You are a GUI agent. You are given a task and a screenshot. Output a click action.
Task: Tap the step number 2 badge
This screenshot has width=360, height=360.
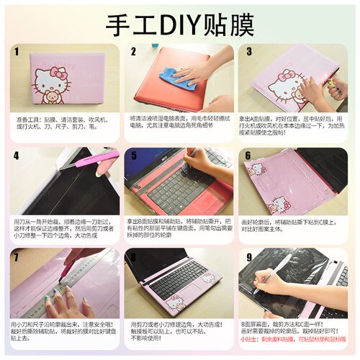tap(133, 52)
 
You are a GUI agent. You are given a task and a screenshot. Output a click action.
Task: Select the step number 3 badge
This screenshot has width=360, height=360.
tap(249, 52)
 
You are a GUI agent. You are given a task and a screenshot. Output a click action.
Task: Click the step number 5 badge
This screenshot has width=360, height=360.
tap(133, 155)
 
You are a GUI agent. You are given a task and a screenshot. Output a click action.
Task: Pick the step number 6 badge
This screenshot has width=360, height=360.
tap(249, 155)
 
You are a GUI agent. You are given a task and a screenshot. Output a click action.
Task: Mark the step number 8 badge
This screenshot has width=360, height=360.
tap(133, 256)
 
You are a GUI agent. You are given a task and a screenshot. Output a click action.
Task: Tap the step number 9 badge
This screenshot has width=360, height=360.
tap(249, 256)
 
